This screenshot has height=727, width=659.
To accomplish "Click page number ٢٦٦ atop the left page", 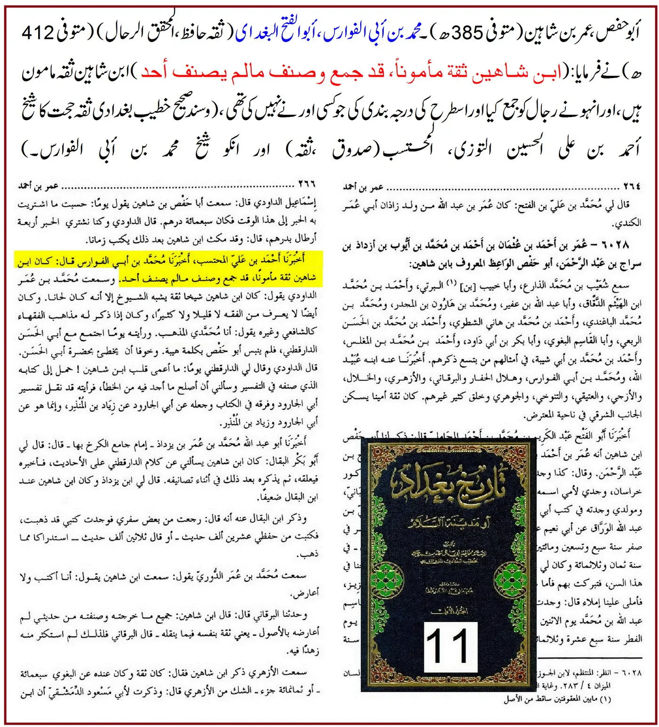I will click(306, 184).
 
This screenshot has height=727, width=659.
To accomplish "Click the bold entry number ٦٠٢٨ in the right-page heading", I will click(614, 245).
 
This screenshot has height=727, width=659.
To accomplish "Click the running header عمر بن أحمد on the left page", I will click(39, 186).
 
